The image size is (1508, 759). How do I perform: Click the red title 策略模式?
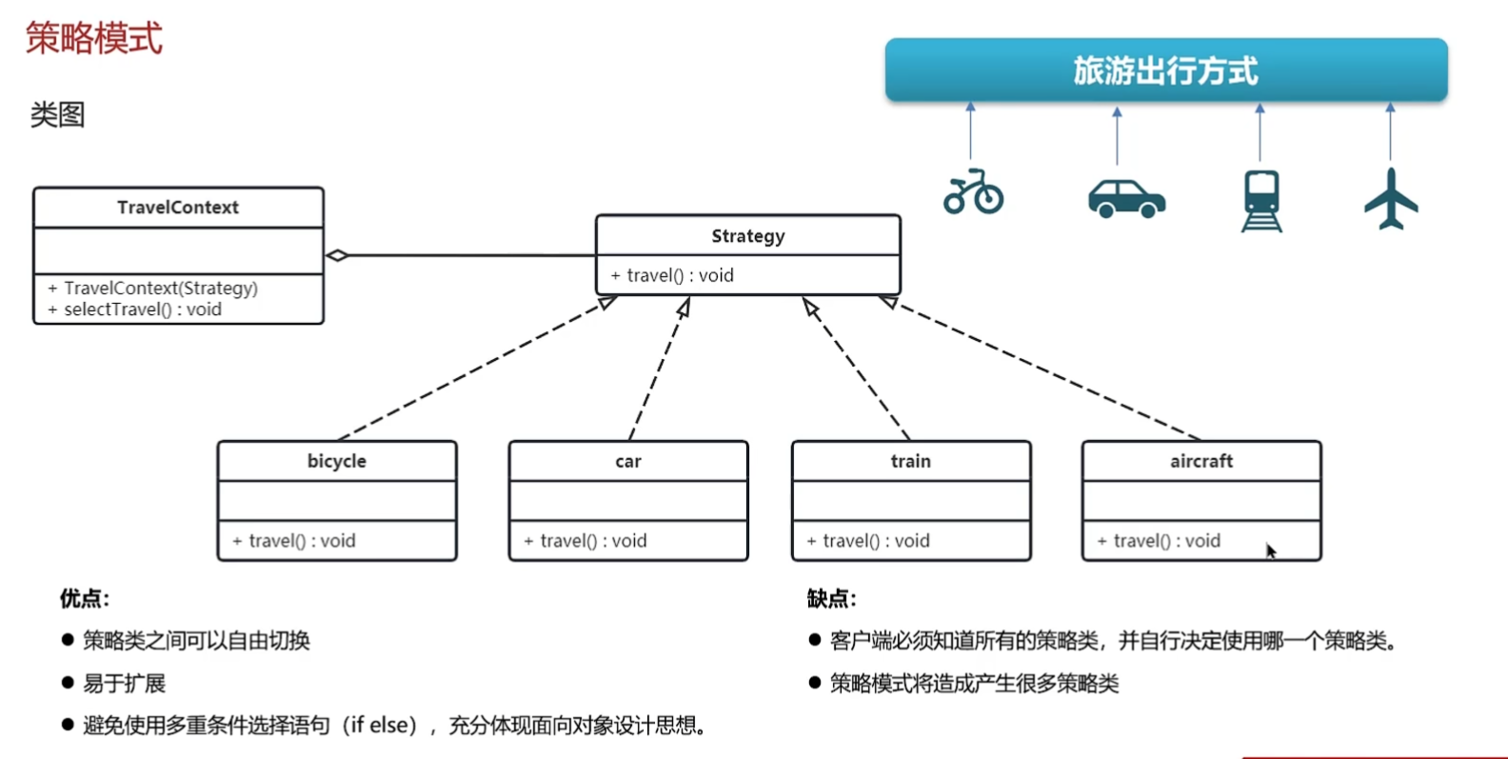tap(93, 39)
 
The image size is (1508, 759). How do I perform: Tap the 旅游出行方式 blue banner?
tap(1165, 70)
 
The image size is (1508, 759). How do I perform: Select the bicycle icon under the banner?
tap(973, 192)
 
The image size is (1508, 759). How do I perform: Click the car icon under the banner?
tap(1126, 198)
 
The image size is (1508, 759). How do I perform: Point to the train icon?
tap(1261, 200)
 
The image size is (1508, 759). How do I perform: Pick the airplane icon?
tap(1391, 198)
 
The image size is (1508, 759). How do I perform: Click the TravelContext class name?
tap(178, 208)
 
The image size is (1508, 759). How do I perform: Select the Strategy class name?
tap(748, 236)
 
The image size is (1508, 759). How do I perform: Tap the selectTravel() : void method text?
tap(142, 310)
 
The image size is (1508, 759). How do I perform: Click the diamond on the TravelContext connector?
tap(337, 255)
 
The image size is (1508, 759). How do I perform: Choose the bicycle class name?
tap(336, 461)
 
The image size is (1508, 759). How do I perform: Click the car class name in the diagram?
tap(628, 461)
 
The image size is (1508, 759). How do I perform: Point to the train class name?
tap(911, 461)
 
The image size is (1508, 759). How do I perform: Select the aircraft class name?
tap(1201, 461)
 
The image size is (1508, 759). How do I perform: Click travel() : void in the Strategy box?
tap(679, 275)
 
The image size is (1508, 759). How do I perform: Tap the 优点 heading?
tap(84, 598)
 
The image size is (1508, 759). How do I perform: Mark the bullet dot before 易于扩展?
tap(68, 683)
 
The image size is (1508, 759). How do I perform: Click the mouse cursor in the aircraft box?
tap(1271, 551)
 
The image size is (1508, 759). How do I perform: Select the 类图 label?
tap(57, 115)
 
